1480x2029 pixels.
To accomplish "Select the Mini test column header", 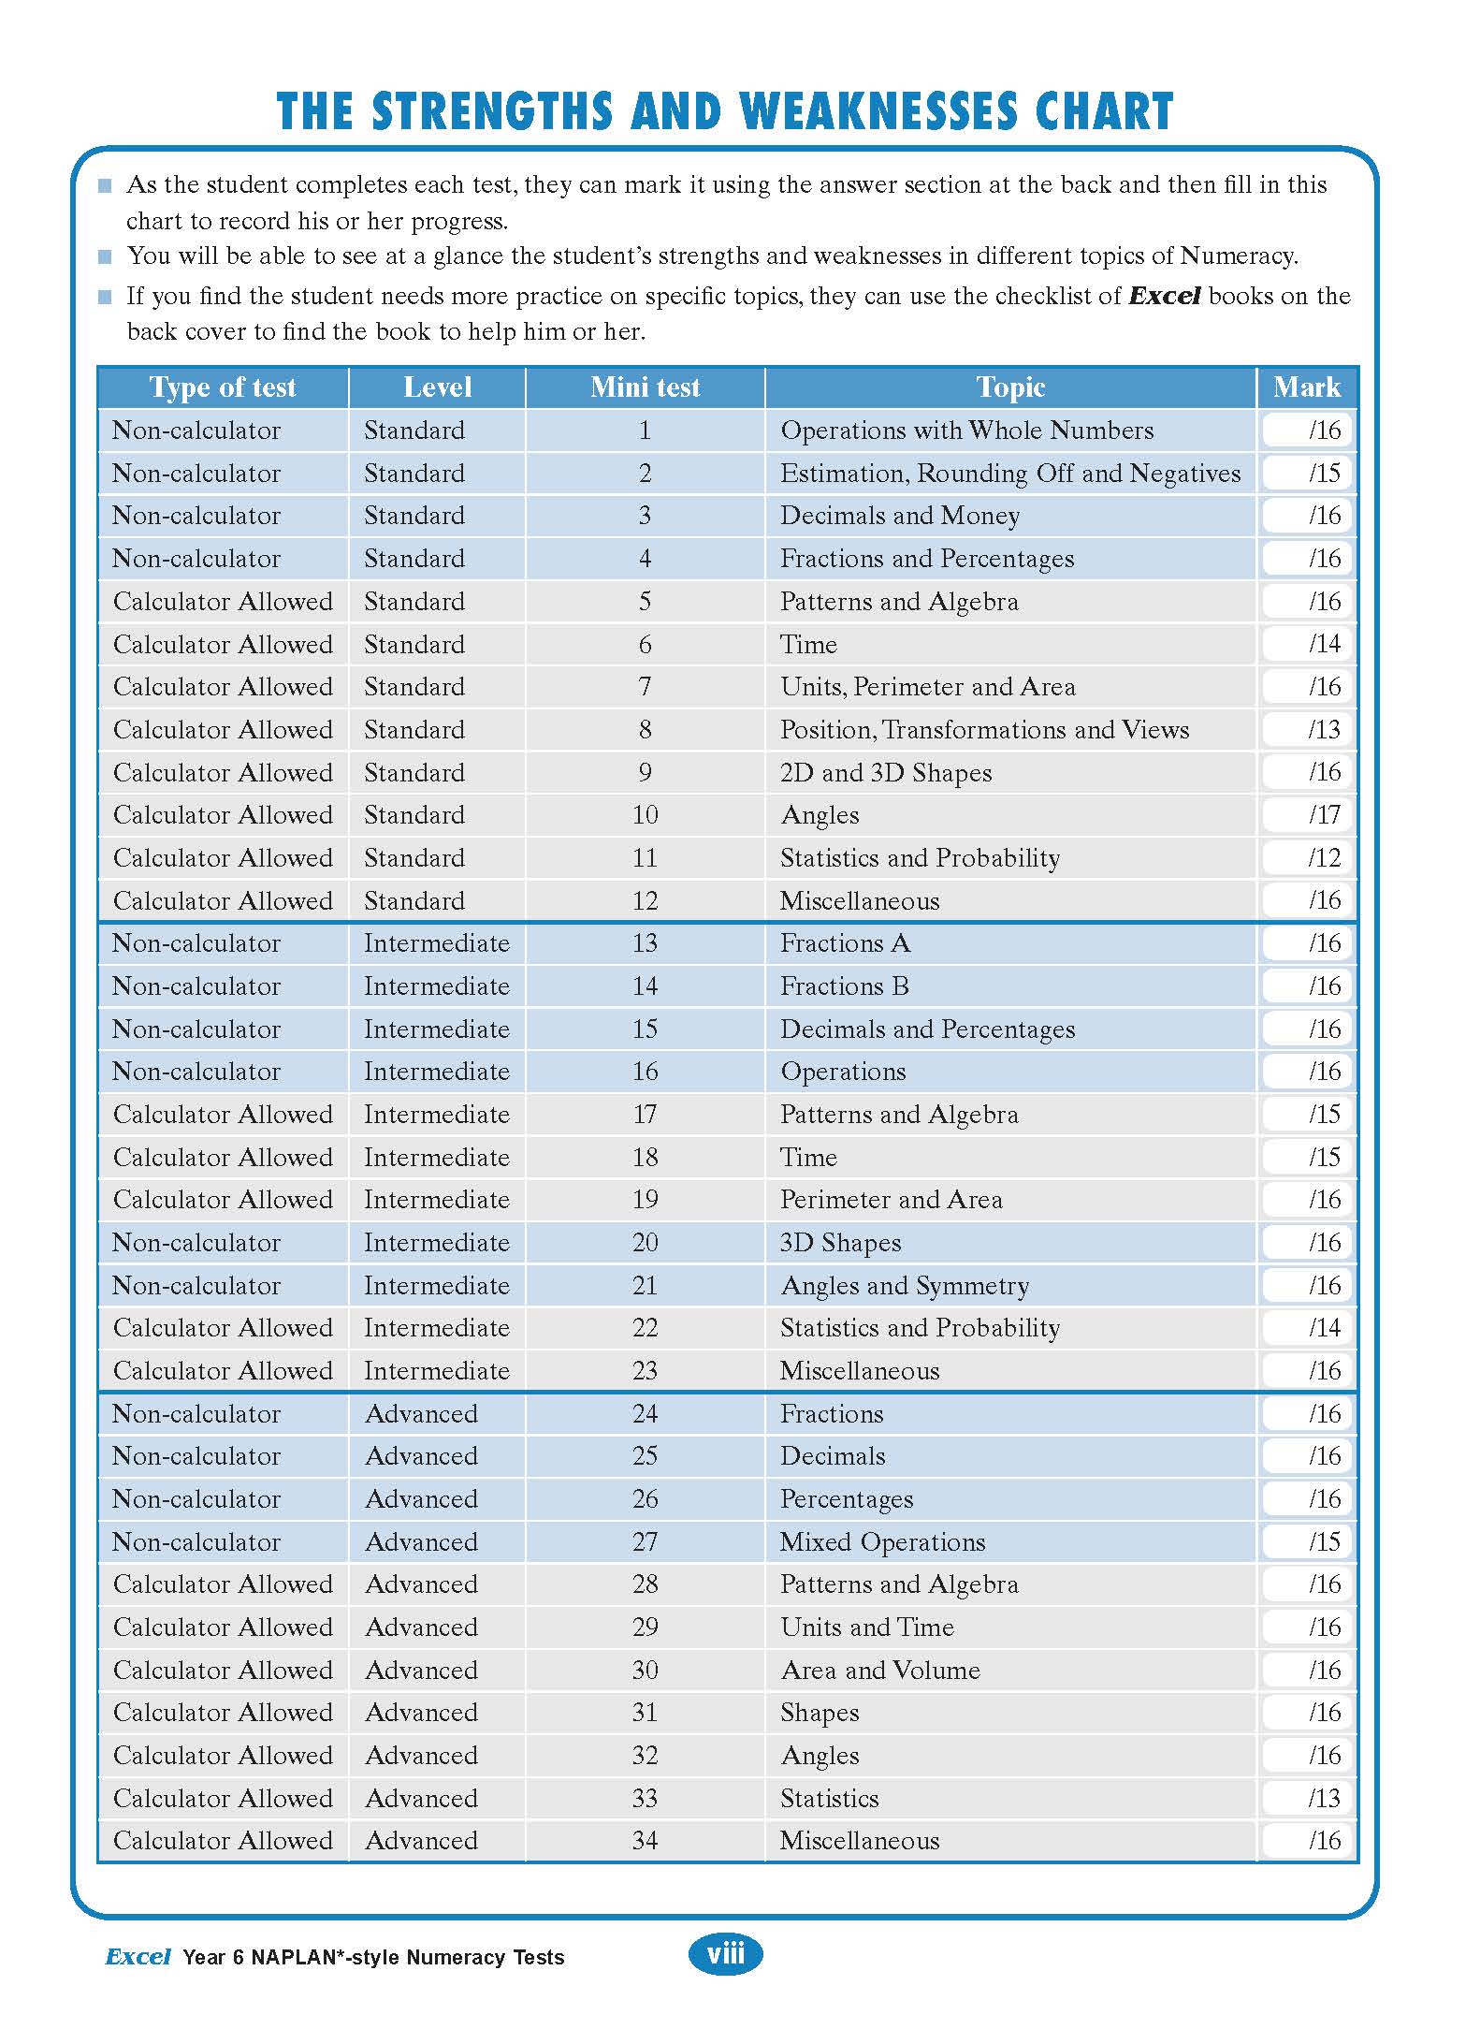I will [645, 387].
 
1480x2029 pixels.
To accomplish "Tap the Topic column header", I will [1010, 387].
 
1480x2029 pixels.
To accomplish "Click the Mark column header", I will [1306, 387].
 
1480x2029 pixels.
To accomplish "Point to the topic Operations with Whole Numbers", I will [966, 431].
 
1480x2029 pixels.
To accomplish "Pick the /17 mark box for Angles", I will [1308, 815].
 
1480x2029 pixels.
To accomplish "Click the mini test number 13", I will [645, 943].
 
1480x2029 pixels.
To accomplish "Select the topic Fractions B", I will [844, 986].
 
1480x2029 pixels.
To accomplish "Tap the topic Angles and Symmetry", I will [904, 1286].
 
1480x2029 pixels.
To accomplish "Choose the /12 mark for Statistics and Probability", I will [1308, 858].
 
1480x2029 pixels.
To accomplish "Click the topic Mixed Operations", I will [882, 1542].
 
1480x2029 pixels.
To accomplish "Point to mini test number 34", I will [645, 1841].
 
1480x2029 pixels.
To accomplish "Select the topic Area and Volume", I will [879, 1671].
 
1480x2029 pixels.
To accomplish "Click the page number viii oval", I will [726, 1954].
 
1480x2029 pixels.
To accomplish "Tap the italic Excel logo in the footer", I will [138, 1957].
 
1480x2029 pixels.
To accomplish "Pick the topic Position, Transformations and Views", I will [984, 730].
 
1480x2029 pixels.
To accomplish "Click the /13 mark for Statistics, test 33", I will [1308, 1799].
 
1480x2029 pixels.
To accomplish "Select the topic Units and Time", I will [866, 1628].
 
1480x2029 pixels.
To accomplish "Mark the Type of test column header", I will [222, 387].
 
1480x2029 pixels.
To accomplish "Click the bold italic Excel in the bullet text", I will [1164, 297].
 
